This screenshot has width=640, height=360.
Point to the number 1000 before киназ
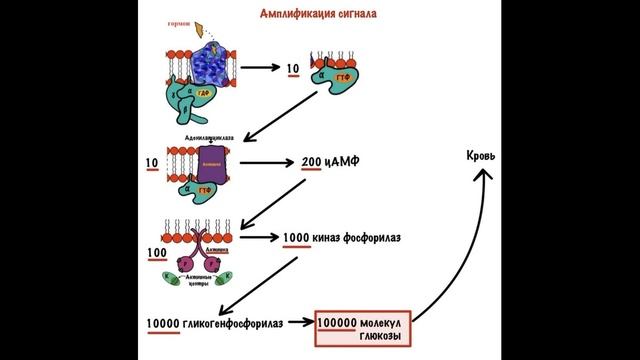click(298, 237)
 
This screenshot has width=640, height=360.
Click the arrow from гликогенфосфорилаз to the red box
click(300, 322)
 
